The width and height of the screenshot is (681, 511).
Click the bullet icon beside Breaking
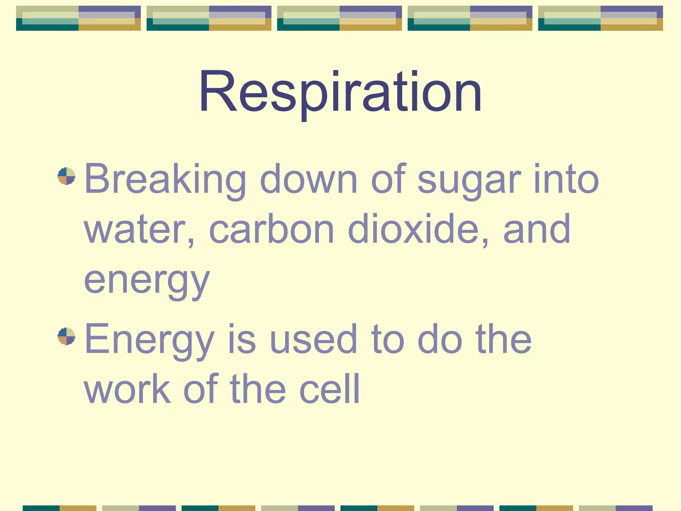point(67,176)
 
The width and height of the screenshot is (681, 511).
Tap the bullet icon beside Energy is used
point(67,336)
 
